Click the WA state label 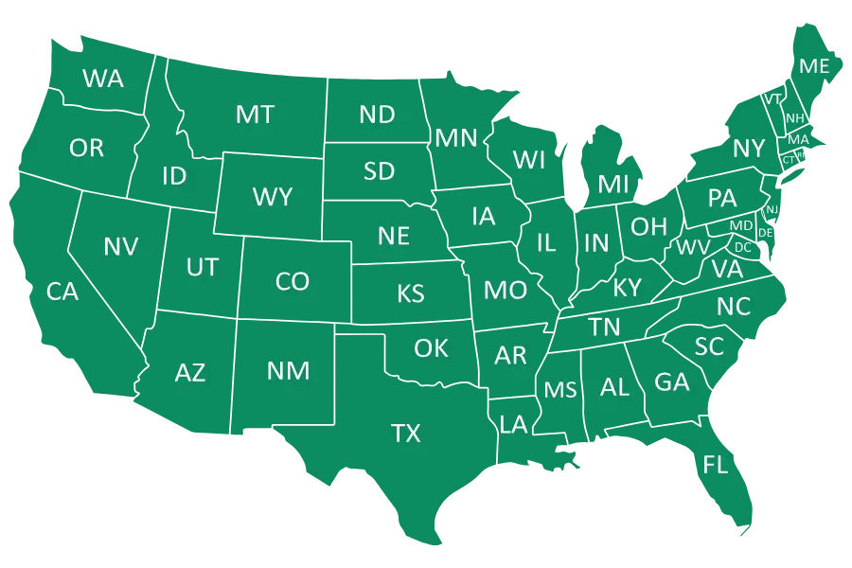[x=103, y=79]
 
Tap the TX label [x=406, y=434]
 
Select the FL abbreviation [x=716, y=465]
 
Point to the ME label [x=814, y=66]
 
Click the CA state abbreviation [x=62, y=292]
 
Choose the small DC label [x=743, y=248]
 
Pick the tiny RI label [x=801, y=155]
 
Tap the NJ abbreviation [x=772, y=209]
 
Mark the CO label [x=293, y=281]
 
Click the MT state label [x=255, y=115]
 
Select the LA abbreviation [x=513, y=424]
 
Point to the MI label [x=613, y=184]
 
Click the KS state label [x=411, y=293]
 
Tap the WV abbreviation [x=693, y=248]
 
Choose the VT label [x=772, y=99]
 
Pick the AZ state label [x=190, y=373]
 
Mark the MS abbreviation [x=560, y=390]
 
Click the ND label [x=377, y=115]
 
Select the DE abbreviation [x=766, y=233]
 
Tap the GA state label [x=672, y=382]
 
